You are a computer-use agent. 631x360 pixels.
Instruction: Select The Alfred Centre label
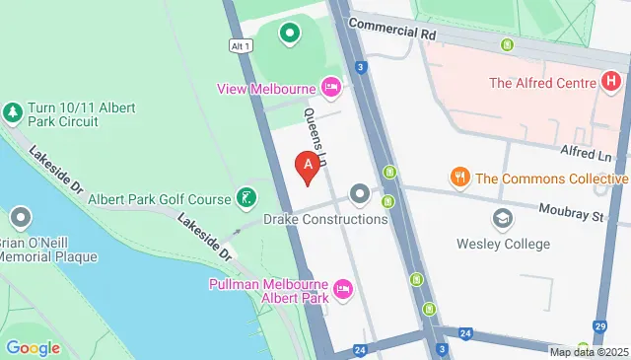(x=542, y=83)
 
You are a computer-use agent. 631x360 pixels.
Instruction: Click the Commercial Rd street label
(x=391, y=30)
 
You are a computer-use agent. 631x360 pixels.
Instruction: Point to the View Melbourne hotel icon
(x=331, y=88)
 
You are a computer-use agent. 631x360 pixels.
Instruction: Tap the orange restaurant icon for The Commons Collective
(x=459, y=178)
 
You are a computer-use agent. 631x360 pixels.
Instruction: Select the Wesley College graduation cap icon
(x=503, y=218)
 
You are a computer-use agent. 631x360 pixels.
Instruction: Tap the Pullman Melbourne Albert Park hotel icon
(x=343, y=290)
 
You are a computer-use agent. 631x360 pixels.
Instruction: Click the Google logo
(x=33, y=347)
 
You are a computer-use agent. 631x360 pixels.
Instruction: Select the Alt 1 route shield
(x=241, y=45)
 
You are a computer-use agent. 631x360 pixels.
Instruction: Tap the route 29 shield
(x=599, y=326)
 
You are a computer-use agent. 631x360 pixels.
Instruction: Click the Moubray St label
(x=571, y=211)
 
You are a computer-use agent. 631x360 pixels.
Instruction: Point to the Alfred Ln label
(x=586, y=153)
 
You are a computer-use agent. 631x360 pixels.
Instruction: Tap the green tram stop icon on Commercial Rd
(x=508, y=45)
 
